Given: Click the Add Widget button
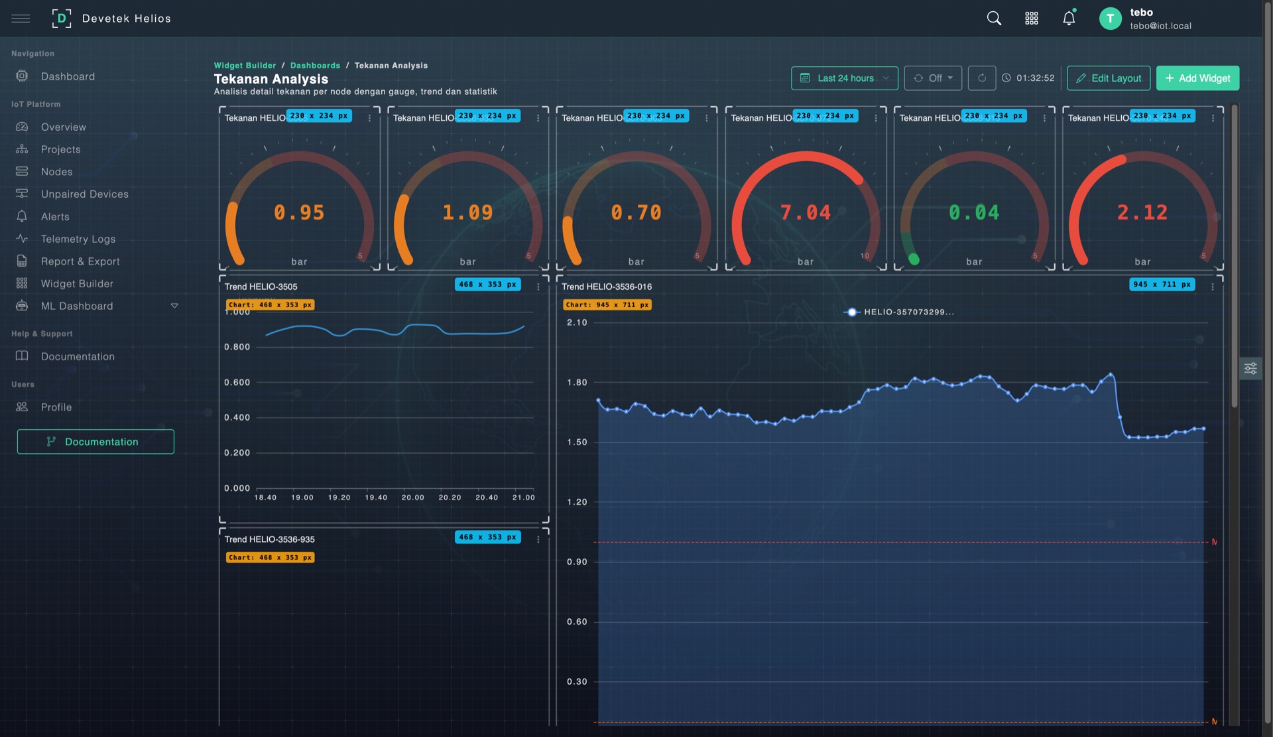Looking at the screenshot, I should click(1197, 78).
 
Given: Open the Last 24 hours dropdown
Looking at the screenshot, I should click(844, 78).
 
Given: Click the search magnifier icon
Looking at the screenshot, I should click(994, 19).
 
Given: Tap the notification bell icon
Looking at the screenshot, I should click(1069, 19).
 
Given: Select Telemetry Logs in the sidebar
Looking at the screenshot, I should click(78, 239).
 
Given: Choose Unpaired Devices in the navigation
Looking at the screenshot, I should click(84, 194).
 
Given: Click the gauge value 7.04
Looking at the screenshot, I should click(805, 212).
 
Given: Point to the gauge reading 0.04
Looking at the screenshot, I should click(973, 212).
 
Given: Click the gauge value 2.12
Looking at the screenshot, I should click(1142, 212).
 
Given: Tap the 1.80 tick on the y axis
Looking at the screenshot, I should click(577, 383).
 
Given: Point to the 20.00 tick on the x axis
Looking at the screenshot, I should click(412, 498).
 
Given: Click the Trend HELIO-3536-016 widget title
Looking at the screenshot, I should click(607, 287).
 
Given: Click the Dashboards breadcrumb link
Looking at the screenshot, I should click(315, 66).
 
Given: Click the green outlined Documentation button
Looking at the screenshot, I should click(95, 442).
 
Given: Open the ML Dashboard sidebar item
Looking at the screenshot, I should click(77, 306).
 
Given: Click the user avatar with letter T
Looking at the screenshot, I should click(1110, 19).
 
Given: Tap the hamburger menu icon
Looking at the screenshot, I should click(21, 19).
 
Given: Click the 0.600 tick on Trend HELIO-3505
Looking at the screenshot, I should click(237, 383).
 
